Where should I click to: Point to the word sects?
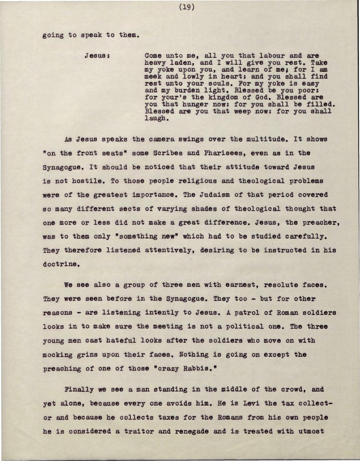point(133,209)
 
